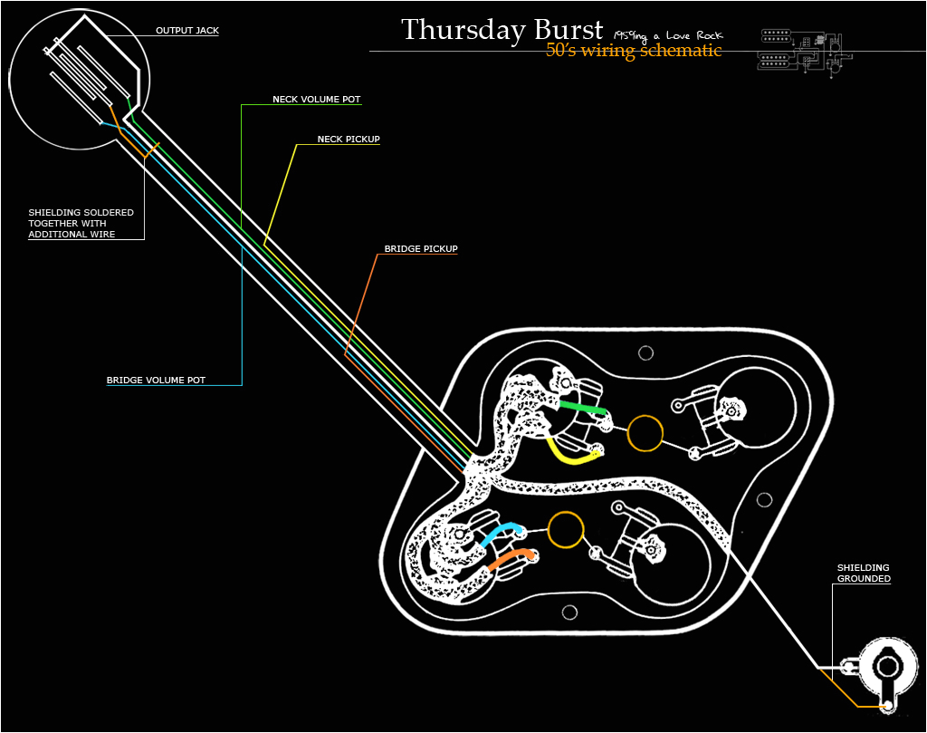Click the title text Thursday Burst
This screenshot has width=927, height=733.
[x=502, y=29]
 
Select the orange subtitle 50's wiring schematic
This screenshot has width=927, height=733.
[x=634, y=51]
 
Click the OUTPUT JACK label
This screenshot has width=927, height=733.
[x=187, y=31]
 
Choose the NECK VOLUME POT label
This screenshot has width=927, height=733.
[x=317, y=99]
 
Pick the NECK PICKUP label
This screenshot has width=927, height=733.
[x=349, y=140]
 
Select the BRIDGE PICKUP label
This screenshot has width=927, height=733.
[x=421, y=248]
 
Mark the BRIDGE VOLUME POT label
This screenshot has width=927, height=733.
[x=156, y=381]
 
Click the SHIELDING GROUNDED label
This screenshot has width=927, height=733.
[x=863, y=573]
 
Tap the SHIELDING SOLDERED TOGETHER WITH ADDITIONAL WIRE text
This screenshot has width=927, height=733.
[x=81, y=223]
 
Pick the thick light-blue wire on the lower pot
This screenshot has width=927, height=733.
[x=500, y=533]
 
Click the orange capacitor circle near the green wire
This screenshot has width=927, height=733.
[x=645, y=433]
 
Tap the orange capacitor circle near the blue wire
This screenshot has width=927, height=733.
[x=565, y=529]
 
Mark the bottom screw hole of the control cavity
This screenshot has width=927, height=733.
[x=569, y=611]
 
